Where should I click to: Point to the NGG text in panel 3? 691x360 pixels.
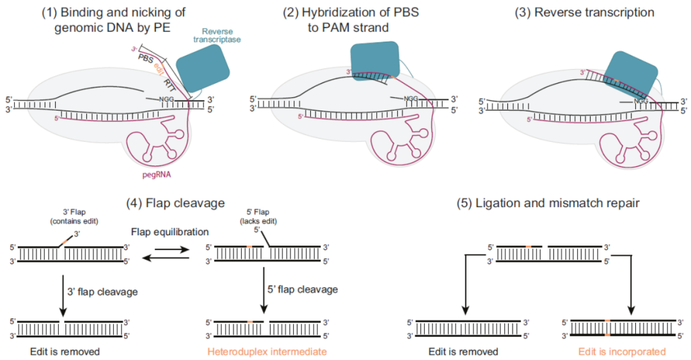(641, 101)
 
